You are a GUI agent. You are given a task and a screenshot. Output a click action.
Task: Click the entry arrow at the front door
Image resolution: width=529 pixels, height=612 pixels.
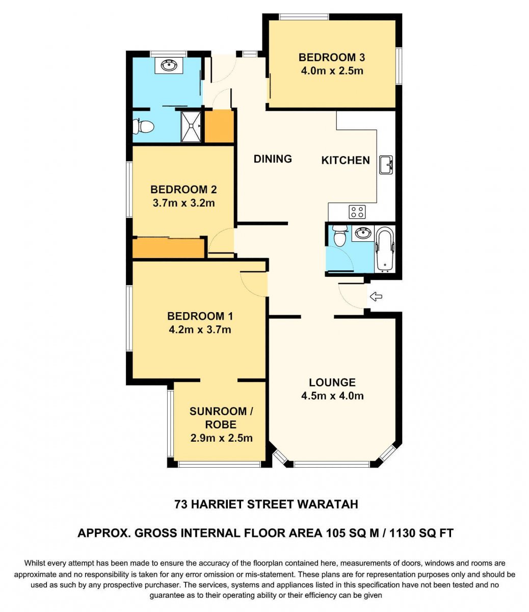point(376,296)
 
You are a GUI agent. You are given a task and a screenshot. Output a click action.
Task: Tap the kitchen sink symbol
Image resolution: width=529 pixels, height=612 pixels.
point(386,165)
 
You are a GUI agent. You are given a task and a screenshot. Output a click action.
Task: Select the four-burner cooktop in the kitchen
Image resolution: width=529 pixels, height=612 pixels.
point(357,212)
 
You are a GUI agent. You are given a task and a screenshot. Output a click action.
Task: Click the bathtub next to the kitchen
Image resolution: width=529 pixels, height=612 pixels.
point(385,249)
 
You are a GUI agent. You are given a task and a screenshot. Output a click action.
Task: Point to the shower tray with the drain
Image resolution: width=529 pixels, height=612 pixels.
point(191,126)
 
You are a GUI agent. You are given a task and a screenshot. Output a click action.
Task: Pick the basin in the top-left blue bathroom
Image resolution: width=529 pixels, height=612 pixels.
point(169,65)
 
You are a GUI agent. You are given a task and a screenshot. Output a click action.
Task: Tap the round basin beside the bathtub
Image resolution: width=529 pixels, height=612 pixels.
point(363,233)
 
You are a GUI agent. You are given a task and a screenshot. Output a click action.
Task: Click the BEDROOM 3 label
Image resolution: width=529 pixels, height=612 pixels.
point(332,58)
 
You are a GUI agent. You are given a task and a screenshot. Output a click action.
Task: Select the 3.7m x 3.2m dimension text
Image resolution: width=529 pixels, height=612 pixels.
point(184,203)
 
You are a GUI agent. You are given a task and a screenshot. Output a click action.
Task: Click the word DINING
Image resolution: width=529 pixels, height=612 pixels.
point(273,159)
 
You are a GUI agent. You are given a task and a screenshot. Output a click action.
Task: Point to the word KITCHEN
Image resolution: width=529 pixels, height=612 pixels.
point(346,161)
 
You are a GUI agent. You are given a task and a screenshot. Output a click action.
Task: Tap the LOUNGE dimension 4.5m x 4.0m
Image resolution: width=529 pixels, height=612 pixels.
point(332,396)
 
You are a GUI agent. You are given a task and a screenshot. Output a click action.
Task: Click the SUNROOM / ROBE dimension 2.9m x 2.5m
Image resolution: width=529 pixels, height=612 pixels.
point(221,438)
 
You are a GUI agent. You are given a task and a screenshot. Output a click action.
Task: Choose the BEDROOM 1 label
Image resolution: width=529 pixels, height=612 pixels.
point(200,316)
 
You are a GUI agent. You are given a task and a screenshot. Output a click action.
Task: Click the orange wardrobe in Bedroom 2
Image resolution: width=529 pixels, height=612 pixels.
point(168,248)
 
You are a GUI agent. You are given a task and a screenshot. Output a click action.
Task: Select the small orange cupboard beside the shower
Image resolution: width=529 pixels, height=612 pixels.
point(219,126)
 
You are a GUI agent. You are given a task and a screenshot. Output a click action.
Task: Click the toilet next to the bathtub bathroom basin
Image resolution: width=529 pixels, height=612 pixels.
point(339,236)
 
